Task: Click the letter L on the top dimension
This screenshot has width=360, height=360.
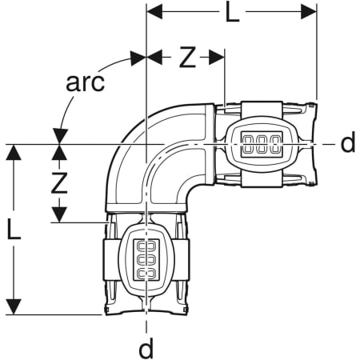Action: tap(232, 12)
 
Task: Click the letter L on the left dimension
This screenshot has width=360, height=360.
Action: tap(14, 229)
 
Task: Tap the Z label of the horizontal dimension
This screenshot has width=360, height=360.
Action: tap(187, 57)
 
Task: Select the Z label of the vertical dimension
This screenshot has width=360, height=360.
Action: tap(59, 182)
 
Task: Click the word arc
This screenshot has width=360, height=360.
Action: tap(85, 82)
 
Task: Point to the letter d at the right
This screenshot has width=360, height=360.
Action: tap(348, 142)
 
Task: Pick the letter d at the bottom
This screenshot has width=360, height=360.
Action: tap(146, 348)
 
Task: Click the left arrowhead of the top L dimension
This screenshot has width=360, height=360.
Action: tap(154, 12)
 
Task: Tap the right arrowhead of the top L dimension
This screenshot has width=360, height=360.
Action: tap(309, 12)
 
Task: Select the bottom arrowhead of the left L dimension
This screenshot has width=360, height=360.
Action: tap(14, 307)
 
